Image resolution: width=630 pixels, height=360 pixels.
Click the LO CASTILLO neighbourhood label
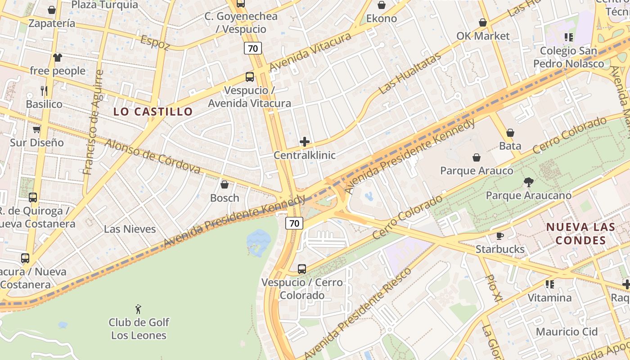pos(153,112)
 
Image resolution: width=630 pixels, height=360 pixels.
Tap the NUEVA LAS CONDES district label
pos(580,234)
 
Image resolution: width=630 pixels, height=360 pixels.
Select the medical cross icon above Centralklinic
pos(305,142)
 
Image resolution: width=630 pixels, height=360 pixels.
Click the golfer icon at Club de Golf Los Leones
pos(138,309)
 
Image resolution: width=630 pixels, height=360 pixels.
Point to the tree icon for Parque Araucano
pos(529,182)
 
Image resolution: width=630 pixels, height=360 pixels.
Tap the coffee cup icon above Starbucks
pos(499,236)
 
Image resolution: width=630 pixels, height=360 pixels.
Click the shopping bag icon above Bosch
pos(225,184)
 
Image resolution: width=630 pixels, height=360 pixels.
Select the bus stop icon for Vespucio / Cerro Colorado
pos(302,269)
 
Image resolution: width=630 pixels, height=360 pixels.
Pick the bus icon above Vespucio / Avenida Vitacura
pos(249,77)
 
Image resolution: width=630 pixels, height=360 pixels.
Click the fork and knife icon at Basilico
pos(44,91)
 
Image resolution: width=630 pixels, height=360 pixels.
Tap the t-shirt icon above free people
pos(58,58)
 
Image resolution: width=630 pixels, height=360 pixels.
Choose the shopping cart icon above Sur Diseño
pos(36,130)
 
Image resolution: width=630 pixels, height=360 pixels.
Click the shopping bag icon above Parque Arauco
pos(477,157)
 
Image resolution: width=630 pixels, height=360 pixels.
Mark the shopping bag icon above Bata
pos(510,133)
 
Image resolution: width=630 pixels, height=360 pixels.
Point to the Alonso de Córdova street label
pos(153,156)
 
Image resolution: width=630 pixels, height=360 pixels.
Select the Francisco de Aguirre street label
pos(94,122)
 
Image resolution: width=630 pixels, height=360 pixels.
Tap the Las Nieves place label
pos(130,229)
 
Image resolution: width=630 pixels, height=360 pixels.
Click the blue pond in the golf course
pos(259,241)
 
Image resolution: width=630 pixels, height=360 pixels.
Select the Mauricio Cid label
pos(567,332)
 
